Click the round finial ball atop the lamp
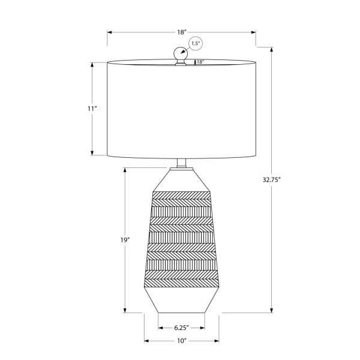(181, 54)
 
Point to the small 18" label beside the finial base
(200, 61)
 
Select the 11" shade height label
(92, 109)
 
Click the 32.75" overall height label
(272, 179)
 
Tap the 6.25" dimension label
(182, 328)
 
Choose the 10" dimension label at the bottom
(182, 341)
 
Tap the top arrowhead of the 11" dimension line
(92, 63)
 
